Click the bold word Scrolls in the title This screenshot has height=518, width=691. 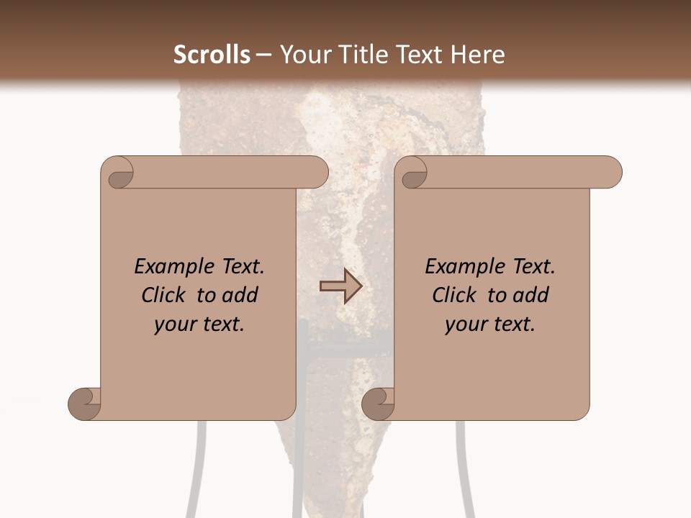tap(212, 55)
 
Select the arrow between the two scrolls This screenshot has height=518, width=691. tap(340, 286)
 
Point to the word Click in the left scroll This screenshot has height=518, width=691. tap(164, 295)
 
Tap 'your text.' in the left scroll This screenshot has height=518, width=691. tap(199, 324)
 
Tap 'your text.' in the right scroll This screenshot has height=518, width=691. tap(489, 324)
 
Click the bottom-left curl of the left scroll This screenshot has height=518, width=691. tap(85, 403)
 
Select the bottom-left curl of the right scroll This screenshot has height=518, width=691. tap(379, 403)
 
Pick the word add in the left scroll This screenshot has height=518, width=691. tap(240, 295)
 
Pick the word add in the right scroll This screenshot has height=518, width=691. tap(531, 295)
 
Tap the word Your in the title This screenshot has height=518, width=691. tap(301, 55)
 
